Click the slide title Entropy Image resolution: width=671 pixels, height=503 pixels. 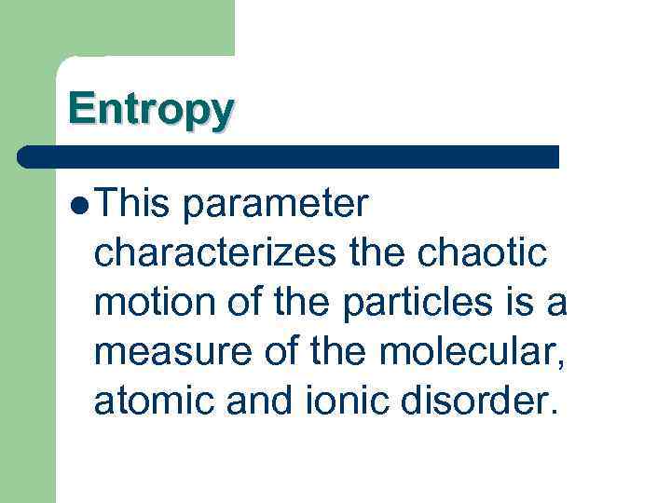point(150,109)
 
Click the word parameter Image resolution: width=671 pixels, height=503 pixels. point(276,202)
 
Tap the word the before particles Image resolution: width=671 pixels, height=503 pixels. point(319,304)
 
